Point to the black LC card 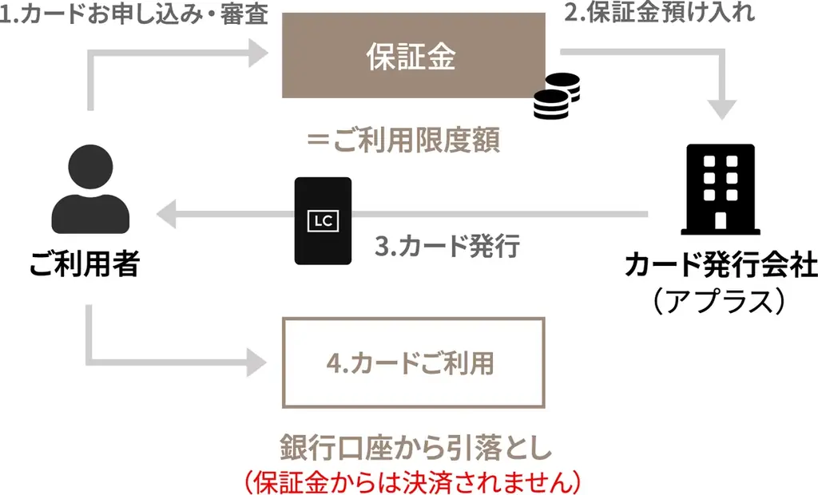[323, 220]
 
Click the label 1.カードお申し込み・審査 [134, 16]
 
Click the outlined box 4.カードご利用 [413, 362]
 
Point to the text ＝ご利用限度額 [403, 141]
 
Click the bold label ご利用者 [85, 263]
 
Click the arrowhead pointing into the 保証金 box [257, 54]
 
